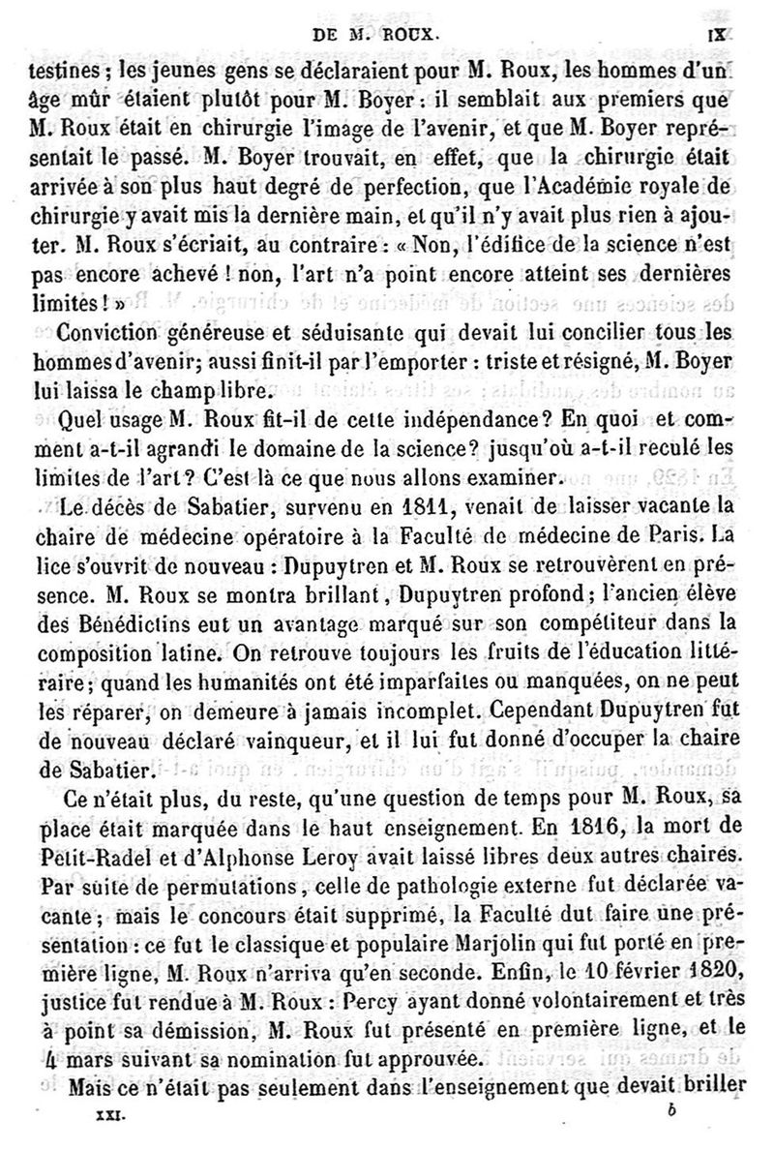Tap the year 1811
(x=406, y=502)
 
